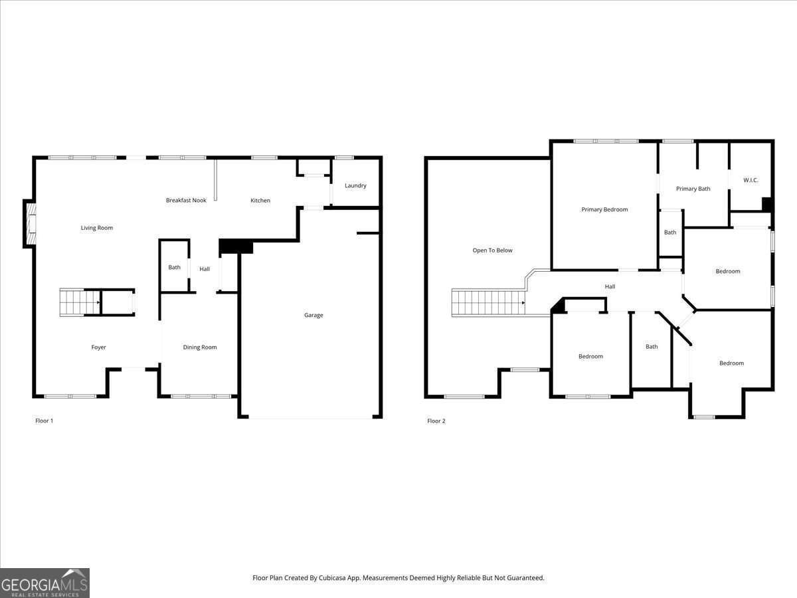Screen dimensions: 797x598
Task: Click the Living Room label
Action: point(96,228)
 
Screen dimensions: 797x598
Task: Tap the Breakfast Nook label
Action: point(186,200)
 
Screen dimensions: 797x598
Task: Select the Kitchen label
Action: point(260,201)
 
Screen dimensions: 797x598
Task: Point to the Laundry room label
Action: point(355,185)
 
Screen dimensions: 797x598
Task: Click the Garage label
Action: point(313,315)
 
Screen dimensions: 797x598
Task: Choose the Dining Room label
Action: point(200,347)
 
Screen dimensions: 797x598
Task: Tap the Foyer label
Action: point(98,348)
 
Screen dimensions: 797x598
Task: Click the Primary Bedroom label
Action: point(604,209)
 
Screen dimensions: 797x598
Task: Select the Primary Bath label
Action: point(693,189)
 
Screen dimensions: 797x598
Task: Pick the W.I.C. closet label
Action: point(751,180)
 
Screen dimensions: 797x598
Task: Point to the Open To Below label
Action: point(492,250)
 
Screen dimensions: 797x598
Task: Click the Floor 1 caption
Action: point(44,421)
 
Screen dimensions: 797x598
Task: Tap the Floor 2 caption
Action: point(436,421)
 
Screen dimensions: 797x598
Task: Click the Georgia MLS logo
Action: point(44,583)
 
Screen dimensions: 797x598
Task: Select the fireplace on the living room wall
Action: point(30,224)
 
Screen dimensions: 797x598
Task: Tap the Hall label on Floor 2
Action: point(610,286)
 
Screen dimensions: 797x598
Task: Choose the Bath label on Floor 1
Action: point(174,267)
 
